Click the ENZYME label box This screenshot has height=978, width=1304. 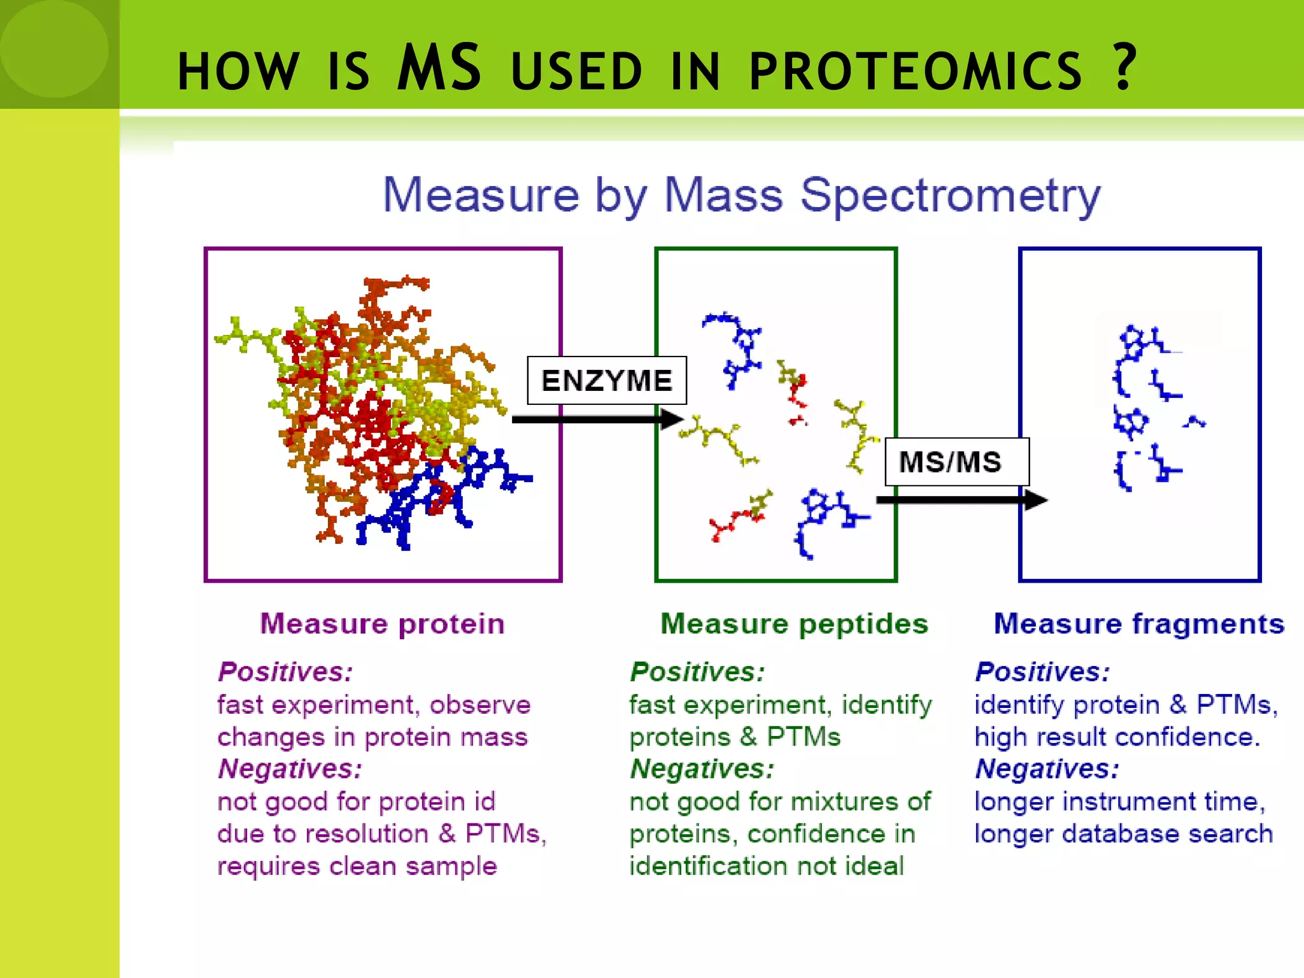tap(606, 381)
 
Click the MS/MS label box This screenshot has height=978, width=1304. tap(956, 462)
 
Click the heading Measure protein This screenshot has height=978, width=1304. tap(382, 624)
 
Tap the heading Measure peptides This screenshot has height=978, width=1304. tap(794, 624)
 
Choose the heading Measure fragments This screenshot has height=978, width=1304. tap(1138, 624)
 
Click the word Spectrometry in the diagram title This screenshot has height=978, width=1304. tap(949, 195)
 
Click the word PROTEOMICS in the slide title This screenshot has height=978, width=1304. tap(915, 71)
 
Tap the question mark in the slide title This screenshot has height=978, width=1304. tap(1124, 67)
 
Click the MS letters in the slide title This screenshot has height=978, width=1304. tap(439, 67)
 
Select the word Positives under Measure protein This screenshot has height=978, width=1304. tap(285, 672)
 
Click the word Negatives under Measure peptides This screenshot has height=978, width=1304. tap(702, 769)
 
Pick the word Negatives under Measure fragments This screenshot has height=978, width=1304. tap(1046, 769)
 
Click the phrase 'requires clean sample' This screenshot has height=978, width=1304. tap(357, 867)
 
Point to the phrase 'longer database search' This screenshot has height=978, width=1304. tap(1123, 834)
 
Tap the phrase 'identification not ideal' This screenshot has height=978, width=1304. tap(766, 867)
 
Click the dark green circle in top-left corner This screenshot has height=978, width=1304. tap(53, 48)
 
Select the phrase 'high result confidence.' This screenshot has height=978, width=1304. tap(1117, 737)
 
